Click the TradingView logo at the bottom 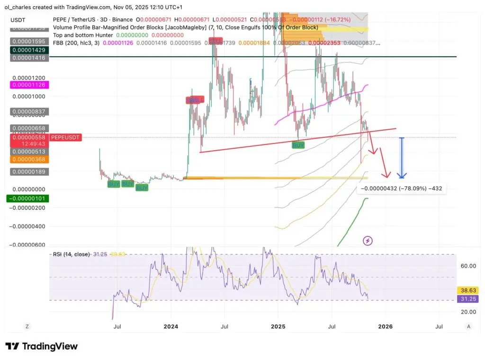[x=41, y=346]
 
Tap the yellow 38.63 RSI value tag [x=467, y=290]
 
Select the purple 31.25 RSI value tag [x=467, y=299]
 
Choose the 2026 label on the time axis [x=385, y=326]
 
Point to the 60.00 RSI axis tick [x=468, y=266]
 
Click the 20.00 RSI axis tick [x=468, y=312]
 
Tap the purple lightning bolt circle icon [x=368, y=241]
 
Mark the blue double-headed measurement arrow [x=402, y=158]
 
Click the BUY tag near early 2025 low [x=298, y=145]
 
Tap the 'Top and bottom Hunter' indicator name [x=83, y=35]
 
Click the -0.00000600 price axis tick [x=26, y=245]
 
